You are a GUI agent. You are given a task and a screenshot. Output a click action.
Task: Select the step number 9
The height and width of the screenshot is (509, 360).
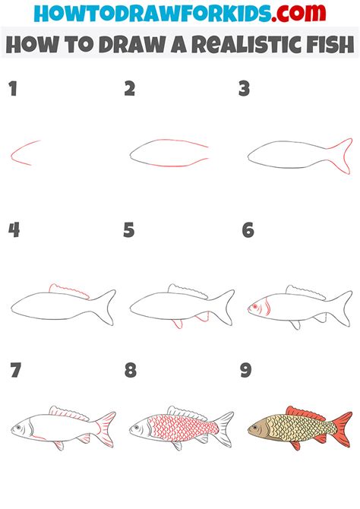(x=246, y=370)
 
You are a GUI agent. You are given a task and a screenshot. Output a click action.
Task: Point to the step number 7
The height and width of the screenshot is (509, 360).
(x=14, y=370)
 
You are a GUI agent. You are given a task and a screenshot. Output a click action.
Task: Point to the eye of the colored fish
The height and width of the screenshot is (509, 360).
(x=257, y=428)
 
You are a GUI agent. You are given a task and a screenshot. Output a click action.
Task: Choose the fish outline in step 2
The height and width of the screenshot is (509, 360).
(x=169, y=153)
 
